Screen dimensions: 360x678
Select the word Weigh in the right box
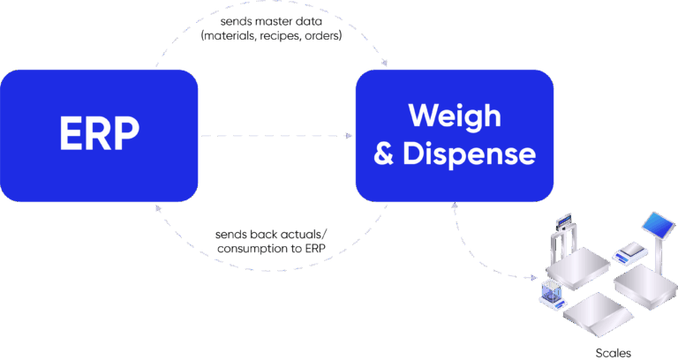tap(454, 116)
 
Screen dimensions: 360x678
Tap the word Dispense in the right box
tap(469, 154)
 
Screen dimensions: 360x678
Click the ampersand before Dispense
tap(384, 154)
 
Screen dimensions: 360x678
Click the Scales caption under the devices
tap(613, 352)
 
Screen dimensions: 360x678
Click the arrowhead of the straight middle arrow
tap(349, 136)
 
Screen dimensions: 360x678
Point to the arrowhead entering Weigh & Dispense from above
tap(387, 66)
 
